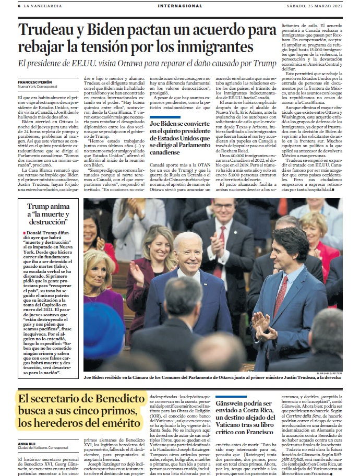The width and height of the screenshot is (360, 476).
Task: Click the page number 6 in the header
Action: pyautogui.click(x=19, y=6)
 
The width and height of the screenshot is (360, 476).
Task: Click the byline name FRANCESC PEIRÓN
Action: pyautogui.click(x=35, y=82)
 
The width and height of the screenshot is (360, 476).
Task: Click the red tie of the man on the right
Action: pyautogui.click(x=281, y=297)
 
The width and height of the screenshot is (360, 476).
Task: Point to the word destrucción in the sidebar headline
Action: pyautogui.click(x=49, y=222)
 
